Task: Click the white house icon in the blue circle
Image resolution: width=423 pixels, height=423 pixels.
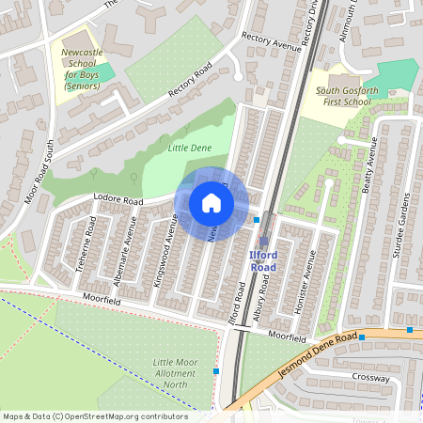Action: pyautogui.click(x=211, y=203)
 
